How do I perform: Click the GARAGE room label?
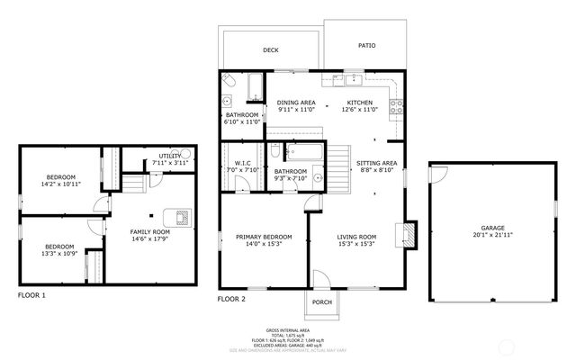(x=492, y=229)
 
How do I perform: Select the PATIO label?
(x=366, y=45)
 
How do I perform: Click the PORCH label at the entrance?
(x=322, y=302)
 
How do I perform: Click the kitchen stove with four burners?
(x=395, y=108)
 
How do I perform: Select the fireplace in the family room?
(x=182, y=216)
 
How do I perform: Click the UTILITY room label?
(x=170, y=156)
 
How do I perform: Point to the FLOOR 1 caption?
(x=31, y=295)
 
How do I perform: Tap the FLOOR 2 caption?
(x=231, y=298)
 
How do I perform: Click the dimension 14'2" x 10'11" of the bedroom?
(x=61, y=184)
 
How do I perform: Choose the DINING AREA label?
(x=295, y=103)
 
